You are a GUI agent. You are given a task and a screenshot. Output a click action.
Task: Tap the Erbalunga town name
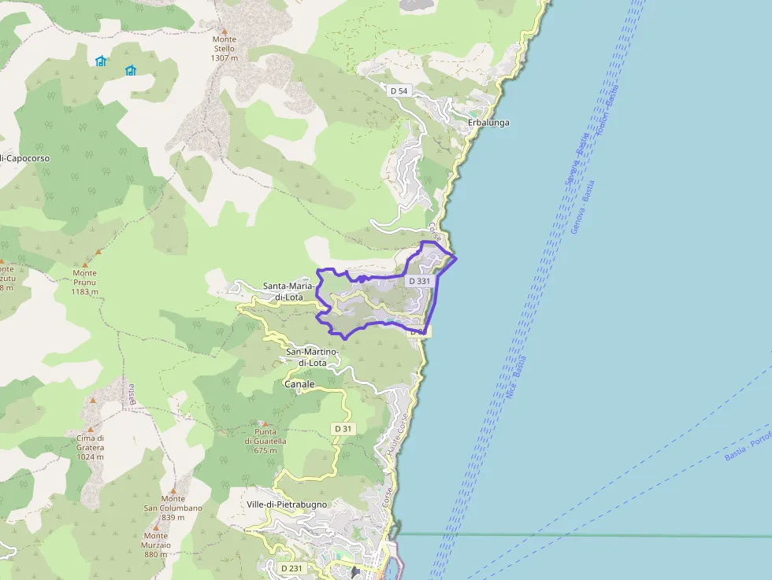pyautogui.click(x=488, y=123)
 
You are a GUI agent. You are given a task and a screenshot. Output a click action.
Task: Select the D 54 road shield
pyautogui.click(x=399, y=91)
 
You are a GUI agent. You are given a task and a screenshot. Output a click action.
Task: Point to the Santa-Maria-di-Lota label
pyautogui.click(x=288, y=291)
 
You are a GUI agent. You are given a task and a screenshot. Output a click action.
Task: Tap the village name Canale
pyautogui.click(x=299, y=384)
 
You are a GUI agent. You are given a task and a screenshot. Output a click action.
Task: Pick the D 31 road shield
pyautogui.click(x=343, y=428)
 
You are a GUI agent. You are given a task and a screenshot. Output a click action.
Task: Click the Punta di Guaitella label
pyautogui.click(x=265, y=441)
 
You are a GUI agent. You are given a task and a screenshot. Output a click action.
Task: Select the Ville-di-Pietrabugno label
pyautogui.click(x=286, y=504)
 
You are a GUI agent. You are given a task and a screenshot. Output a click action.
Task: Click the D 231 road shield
pyautogui.click(x=291, y=567)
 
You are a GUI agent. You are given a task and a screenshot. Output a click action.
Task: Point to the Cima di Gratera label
pyautogui.click(x=91, y=447)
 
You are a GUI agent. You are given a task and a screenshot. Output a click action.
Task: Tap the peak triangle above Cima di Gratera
pyautogui.click(x=92, y=401)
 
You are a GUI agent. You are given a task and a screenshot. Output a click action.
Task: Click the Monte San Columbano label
pyautogui.click(x=173, y=504)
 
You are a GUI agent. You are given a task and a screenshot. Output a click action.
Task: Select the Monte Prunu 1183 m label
pyautogui.click(x=84, y=282)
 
